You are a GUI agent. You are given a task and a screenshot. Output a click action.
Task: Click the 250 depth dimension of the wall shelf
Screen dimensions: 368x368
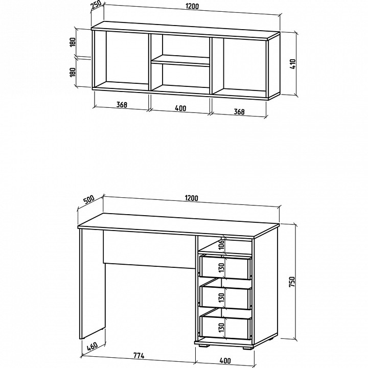click(97, 5)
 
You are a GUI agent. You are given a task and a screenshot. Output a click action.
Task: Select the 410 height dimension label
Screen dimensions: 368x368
click(293, 64)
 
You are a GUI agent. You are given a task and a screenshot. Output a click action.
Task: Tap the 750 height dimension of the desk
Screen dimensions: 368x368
click(292, 282)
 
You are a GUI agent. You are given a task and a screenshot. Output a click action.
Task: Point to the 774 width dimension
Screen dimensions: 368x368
click(139, 356)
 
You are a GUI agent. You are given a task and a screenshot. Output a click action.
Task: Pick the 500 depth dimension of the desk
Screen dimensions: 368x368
click(89, 200)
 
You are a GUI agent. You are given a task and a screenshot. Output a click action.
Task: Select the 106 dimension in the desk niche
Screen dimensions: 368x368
click(222, 245)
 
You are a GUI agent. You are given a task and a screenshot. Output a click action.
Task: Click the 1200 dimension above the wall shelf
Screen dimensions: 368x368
click(192, 6)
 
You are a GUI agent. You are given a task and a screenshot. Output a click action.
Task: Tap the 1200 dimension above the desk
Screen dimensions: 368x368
click(192, 198)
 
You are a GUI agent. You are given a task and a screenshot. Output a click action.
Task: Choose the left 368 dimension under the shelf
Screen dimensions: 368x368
click(122, 105)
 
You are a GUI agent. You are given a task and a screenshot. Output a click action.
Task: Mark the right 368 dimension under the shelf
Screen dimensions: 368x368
click(239, 112)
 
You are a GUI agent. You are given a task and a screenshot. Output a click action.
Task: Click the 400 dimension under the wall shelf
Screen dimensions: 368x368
click(181, 108)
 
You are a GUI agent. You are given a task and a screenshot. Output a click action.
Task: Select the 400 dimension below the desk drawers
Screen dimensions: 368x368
click(225, 360)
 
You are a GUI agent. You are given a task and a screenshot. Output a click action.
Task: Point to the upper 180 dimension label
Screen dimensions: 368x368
click(73, 42)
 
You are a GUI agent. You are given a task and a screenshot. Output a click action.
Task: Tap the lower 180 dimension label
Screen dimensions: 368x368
click(73, 72)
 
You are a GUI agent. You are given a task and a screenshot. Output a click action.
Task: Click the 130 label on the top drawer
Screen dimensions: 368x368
click(221, 267)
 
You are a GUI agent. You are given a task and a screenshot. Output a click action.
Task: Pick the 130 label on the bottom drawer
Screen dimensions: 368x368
click(221, 328)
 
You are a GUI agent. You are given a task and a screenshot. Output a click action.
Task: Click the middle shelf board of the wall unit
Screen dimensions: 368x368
click(180, 61)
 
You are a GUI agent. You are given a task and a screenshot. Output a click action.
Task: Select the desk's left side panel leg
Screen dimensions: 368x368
click(92, 284)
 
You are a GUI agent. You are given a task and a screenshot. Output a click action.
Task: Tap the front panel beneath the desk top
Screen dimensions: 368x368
click(149, 249)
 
